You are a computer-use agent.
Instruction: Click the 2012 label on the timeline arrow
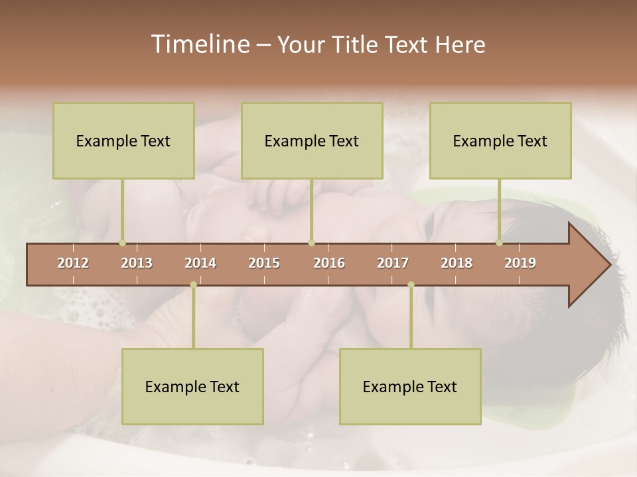[x=73, y=263]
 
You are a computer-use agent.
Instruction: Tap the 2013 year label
[x=137, y=263]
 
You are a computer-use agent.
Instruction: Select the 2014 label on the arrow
[x=200, y=263]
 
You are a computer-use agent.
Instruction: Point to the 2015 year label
[x=264, y=263]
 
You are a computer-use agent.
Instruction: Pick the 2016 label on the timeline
[x=329, y=263]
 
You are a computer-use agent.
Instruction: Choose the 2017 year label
[x=393, y=263]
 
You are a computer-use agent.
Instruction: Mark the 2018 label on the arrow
[x=457, y=263]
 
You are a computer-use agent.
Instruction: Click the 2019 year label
[x=520, y=263]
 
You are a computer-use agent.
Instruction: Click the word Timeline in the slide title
[x=199, y=44]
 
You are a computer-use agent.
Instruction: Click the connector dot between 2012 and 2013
[x=122, y=243]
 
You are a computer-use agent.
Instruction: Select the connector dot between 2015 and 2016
[x=311, y=243]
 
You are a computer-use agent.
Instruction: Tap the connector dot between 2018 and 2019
[x=499, y=243]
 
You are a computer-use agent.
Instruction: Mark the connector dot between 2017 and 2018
[x=411, y=285]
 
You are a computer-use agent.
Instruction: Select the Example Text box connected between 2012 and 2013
[x=123, y=140]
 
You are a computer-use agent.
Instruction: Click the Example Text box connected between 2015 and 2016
[x=312, y=140]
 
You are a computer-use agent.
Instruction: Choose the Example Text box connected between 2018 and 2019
[x=500, y=140]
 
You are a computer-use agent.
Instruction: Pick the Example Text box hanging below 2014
[x=192, y=386]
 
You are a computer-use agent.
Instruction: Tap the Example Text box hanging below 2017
[x=410, y=386]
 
